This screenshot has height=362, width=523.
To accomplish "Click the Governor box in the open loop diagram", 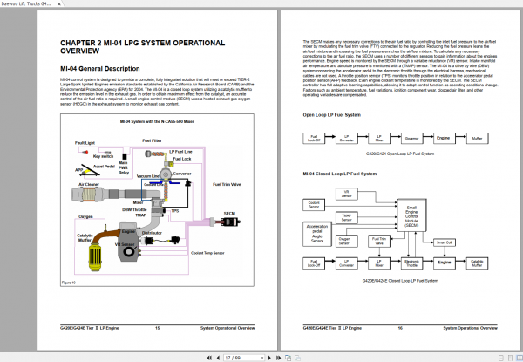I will (414, 138).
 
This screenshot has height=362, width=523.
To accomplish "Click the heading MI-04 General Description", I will (100, 68).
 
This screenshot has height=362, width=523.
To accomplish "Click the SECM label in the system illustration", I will (229, 212).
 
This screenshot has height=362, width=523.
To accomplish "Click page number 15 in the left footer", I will (157, 328).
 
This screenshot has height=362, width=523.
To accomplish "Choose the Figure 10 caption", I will (68, 283).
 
